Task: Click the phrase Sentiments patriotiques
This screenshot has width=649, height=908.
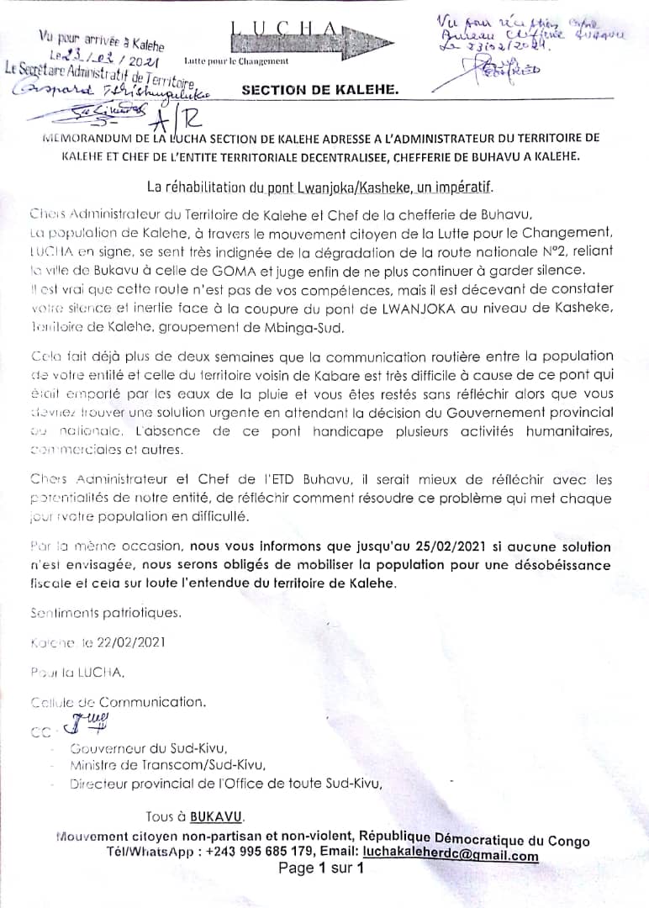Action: pos(105,613)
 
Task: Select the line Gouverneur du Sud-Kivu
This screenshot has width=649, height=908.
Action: pos(149,748)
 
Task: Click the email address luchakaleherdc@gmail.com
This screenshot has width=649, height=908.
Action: pos(450,855)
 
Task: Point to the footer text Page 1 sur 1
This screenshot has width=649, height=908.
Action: pos(320,868)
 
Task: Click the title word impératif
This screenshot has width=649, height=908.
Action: pos(462,185)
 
